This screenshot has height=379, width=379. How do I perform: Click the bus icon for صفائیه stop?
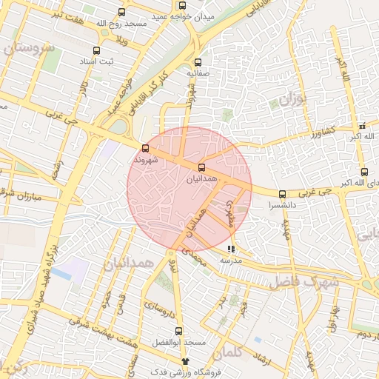point(197,62)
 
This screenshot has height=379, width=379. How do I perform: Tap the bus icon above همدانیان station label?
point(202,167)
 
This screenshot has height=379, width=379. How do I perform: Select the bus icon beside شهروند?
point(145,147)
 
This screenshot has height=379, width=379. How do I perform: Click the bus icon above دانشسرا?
point(282,194)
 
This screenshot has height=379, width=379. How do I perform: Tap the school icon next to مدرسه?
point(231,249)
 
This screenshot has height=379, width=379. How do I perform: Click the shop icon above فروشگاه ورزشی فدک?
point(185,360)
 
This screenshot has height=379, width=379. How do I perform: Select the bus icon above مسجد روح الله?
point(121,12)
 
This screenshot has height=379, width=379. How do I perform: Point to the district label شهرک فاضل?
point(303,281)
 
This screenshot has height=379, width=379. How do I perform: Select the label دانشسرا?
point(284,204)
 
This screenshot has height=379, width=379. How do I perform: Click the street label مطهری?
point(232,209)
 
